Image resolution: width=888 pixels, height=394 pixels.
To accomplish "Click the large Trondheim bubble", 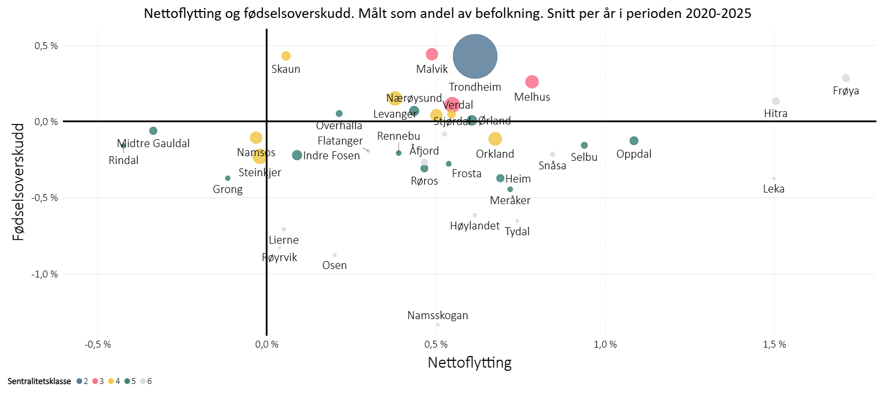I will [x=475, y=56].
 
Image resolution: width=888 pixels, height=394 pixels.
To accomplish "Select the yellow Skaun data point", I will [x=286, y=56].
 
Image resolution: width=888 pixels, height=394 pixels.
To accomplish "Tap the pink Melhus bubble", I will [x=532, y=82].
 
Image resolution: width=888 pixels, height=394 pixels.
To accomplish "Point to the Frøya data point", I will [x=846, y=79].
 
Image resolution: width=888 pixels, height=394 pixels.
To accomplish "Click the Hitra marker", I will [x=776, y=101].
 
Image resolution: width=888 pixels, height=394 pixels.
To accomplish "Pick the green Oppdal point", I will [x=634, y=141].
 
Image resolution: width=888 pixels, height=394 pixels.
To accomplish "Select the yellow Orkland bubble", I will [x=495, y=139].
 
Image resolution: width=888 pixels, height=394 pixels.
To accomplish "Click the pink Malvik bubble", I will [x=432, y=54].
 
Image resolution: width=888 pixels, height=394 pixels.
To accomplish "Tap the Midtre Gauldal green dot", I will [x=153, y=131].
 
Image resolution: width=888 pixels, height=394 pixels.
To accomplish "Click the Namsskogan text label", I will [x=438, y=315].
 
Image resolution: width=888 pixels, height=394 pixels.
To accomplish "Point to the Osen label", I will [x=334, y=265].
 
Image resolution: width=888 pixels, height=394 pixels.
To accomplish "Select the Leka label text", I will [x=773, y=189].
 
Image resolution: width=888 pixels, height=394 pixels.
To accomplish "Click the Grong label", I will [x=228, y=189].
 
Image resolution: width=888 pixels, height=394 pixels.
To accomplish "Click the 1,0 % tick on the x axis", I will [x=605, y=344].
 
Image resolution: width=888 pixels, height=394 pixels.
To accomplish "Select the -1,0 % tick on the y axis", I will [x=45, y=274].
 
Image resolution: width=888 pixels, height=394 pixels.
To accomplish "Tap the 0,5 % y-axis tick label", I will [x=46, y=46].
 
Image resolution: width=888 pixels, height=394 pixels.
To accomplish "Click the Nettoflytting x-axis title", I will [x=469, y=363].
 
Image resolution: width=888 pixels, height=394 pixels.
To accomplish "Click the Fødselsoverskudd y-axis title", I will [x=18, y=182].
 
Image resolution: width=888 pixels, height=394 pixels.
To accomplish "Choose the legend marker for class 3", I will [x=95, y=381].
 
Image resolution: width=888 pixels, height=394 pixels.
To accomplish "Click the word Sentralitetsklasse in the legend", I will [x=39, y=381].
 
